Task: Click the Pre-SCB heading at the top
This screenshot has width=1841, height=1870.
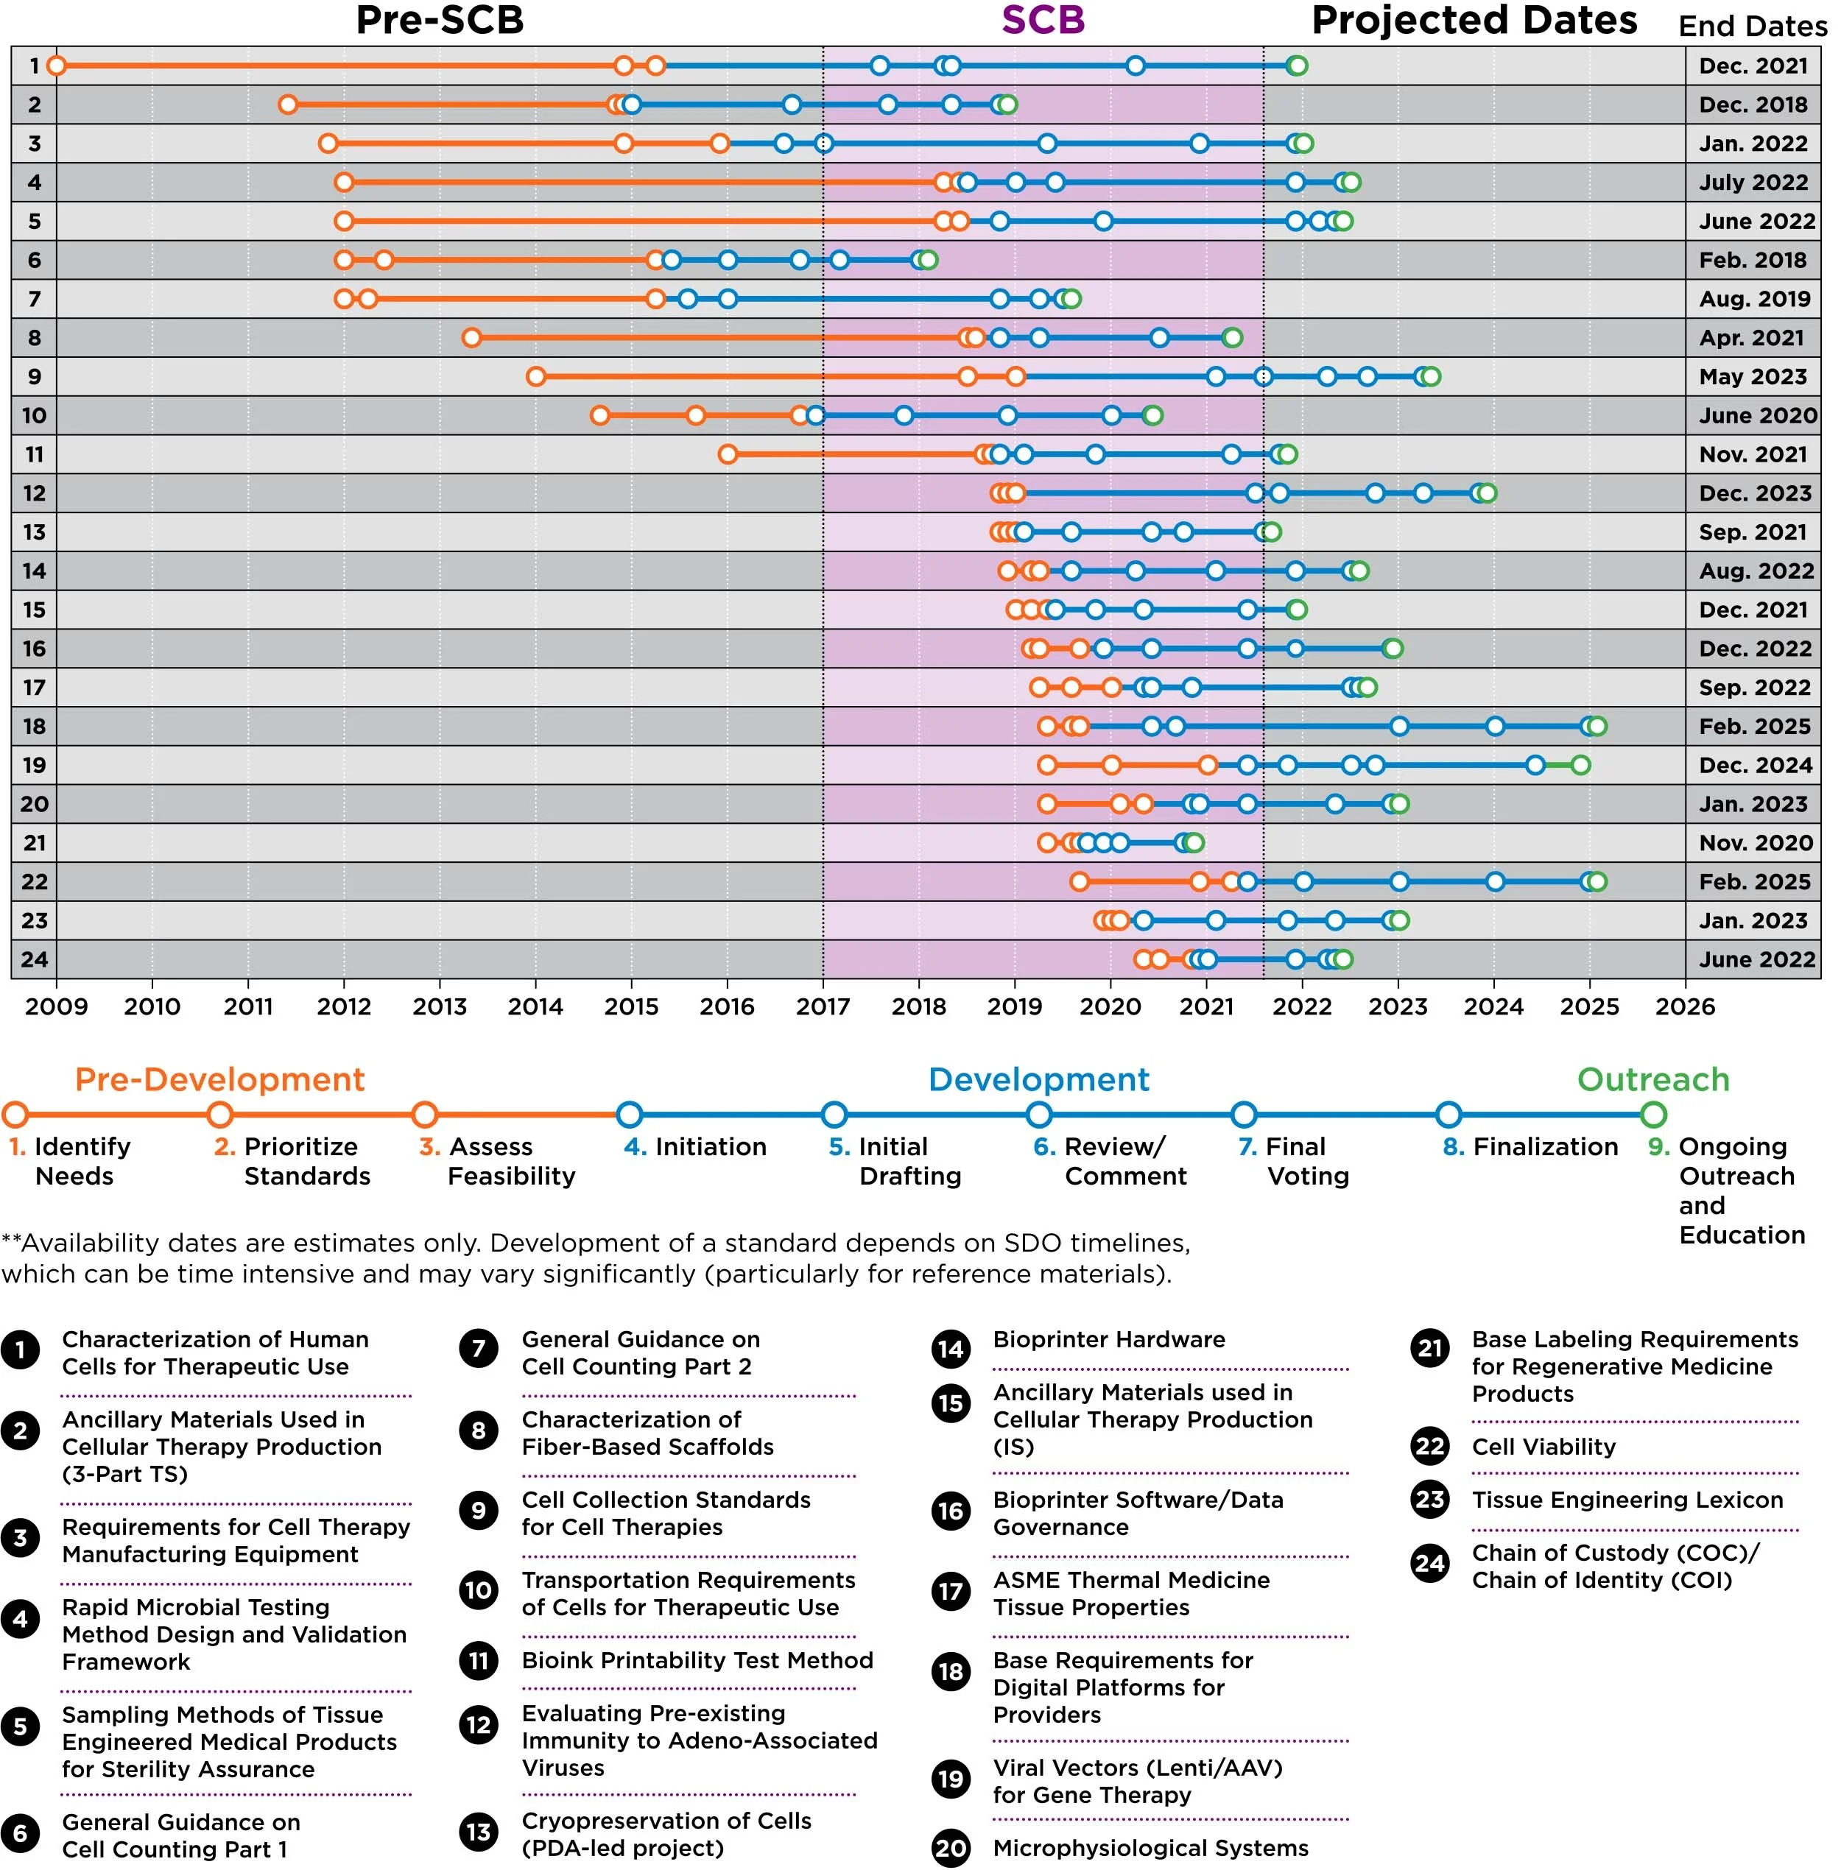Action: click(439, 21)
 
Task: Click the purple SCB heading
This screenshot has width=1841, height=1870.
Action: click(1042, 21)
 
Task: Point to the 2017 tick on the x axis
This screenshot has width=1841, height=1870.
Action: click(822, 1006)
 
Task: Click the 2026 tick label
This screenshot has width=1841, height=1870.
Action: click(1684, 1006)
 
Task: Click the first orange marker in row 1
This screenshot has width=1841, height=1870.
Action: click(56, 66)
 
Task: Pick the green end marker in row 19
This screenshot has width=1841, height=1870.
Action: click(1580, 765)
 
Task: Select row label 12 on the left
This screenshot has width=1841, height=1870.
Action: click(34, 493)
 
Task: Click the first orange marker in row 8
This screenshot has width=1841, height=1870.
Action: click(471, 337)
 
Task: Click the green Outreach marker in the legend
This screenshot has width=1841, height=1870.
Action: click(1653, 1114)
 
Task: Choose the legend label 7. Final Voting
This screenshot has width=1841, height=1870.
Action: click(1294, 1160)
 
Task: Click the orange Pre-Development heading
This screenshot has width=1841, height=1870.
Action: click(219, 1079)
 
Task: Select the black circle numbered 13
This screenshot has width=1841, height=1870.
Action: click(479, 1832)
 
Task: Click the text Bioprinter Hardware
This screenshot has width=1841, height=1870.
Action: click(1108, 1339)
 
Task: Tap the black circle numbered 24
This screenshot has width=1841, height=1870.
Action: click(1430, 1564)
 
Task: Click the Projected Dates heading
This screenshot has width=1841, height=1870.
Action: click(1474, 21)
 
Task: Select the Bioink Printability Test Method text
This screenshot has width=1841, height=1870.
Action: click(697, 1660)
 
